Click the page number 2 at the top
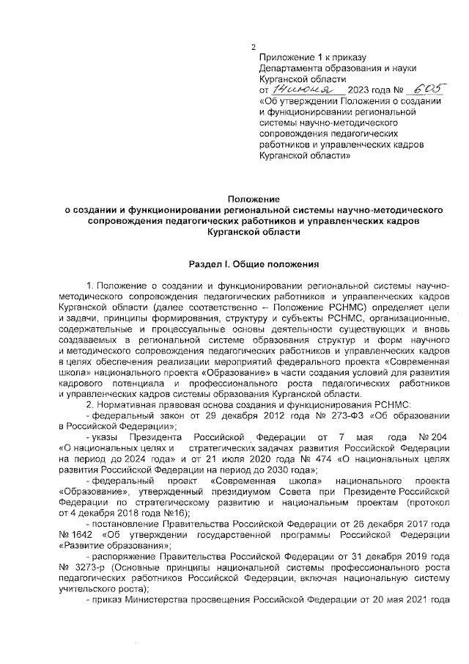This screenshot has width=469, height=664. [253, 45]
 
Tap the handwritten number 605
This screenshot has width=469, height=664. [429, 89]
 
